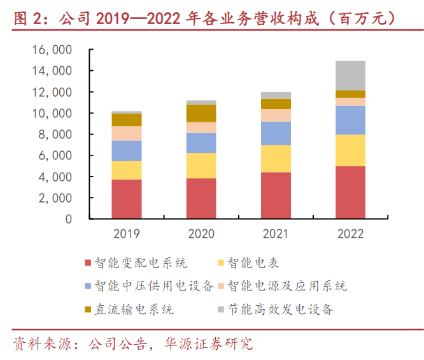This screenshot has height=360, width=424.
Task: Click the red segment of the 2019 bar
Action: point(127,199)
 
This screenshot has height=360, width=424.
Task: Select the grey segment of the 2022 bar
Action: point(351,76)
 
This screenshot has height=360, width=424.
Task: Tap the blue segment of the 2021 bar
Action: point(276,133)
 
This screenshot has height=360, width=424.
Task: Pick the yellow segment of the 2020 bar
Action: point(201,166)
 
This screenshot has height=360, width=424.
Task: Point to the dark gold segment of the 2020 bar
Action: point(201,113)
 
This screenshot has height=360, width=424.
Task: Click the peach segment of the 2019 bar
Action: point(127,133)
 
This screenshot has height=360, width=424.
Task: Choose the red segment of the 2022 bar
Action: point(351,192)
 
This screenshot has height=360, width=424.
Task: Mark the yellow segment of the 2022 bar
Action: point(351,150)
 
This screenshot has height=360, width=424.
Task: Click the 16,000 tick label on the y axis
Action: point(53,50)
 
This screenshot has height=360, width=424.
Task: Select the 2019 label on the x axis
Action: point(127,233)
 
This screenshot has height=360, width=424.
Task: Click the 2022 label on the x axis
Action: point(351,233)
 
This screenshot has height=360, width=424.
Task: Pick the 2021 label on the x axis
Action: point(276,233)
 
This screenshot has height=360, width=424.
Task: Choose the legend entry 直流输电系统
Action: point(134,310)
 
